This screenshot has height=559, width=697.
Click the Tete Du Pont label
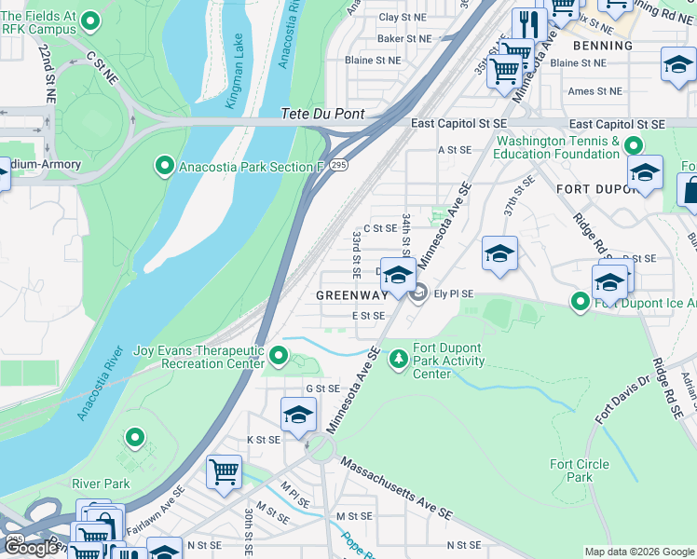point(321,115)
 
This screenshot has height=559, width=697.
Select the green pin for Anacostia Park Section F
point(165,167)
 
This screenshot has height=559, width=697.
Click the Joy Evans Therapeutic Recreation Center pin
point(279,355)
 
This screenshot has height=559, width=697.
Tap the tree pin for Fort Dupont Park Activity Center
point(400,358)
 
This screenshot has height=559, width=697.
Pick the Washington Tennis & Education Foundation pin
point(634,146)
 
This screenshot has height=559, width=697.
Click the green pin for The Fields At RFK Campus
point(91,20)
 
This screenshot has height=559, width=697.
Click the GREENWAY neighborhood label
point(351,295)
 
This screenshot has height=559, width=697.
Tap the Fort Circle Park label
point(579,470)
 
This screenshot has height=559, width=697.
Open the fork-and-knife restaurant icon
point(529,23)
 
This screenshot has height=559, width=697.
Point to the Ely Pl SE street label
point(454,294)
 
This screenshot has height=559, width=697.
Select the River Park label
point(102,484)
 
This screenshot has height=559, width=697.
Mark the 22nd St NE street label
point(48,75)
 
